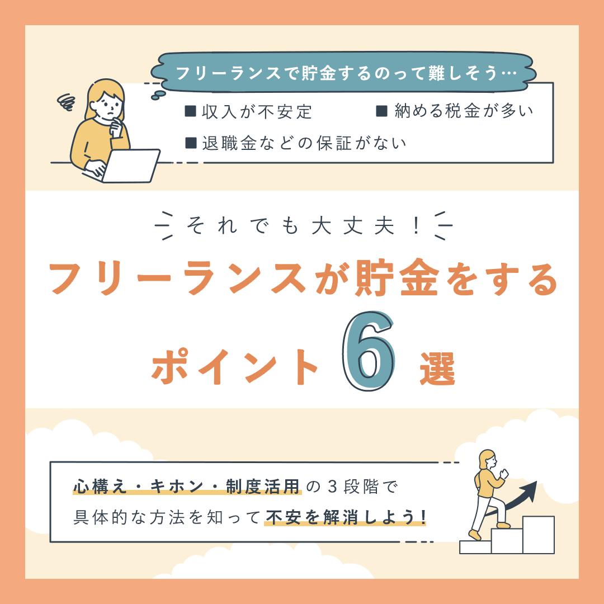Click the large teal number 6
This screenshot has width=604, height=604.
tap(369, 351)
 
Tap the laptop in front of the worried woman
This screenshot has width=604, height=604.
tap(131, 166)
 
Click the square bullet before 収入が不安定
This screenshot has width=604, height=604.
tap(190, 112)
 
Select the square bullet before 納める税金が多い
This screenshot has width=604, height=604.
tap(381, 111)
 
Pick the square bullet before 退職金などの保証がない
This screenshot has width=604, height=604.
tap(191, 143)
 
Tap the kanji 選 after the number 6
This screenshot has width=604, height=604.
tap(437, 369)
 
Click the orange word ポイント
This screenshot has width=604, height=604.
tap(234, 366)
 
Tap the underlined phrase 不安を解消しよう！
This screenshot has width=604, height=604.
tap(346, 517)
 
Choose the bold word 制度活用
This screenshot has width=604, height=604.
tap(263, 487)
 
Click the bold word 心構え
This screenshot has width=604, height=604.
tap(100, 487)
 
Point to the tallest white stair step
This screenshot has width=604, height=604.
tap(538, 535)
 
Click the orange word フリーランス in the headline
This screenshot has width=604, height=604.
tap(178, 278)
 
